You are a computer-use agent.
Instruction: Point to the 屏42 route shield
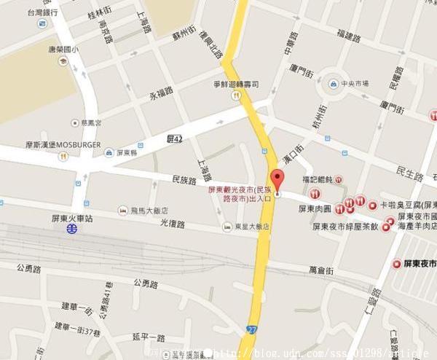175,138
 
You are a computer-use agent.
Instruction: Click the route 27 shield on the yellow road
251,329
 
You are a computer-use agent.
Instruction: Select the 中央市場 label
357,82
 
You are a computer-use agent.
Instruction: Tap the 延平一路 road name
149,337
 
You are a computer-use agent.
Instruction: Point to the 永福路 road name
162,93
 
